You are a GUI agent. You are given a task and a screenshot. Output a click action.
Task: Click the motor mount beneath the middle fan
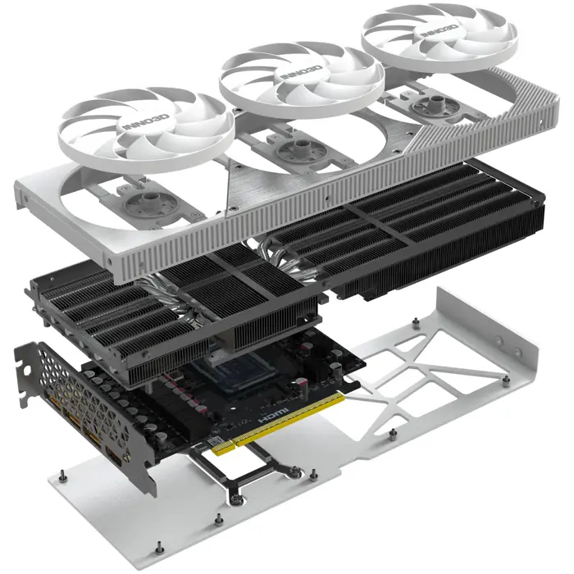point(294,151)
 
